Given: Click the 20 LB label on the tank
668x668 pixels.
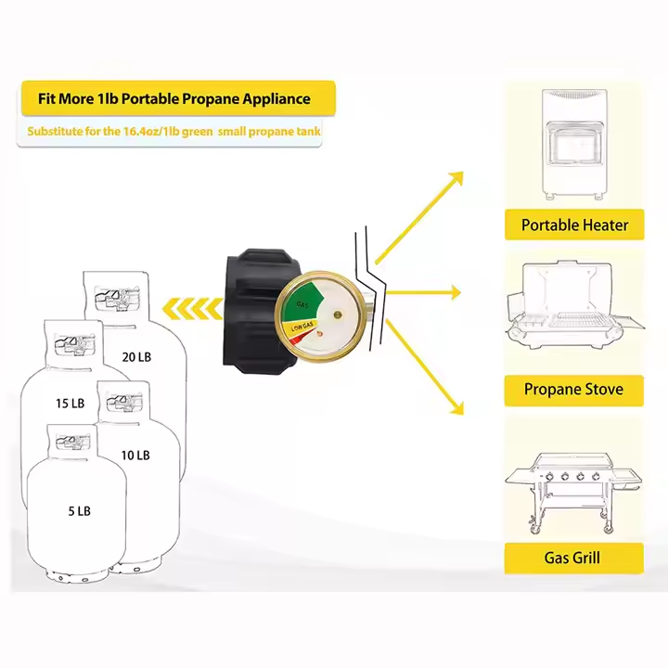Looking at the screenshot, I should [x=135, y=356].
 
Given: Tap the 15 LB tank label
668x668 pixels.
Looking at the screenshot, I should [x=70, y=403].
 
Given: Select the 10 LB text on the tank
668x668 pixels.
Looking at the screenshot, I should [x=135, y=455].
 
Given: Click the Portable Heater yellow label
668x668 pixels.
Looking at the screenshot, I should [x=574, y=225].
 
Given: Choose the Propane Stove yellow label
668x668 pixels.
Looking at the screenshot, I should [x=573, y=390].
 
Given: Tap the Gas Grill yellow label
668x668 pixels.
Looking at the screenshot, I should [x=572, y=558].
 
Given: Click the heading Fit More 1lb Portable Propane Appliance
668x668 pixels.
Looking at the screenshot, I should [x=175, y=98].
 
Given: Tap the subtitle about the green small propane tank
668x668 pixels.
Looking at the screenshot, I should [x=174, y=132].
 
